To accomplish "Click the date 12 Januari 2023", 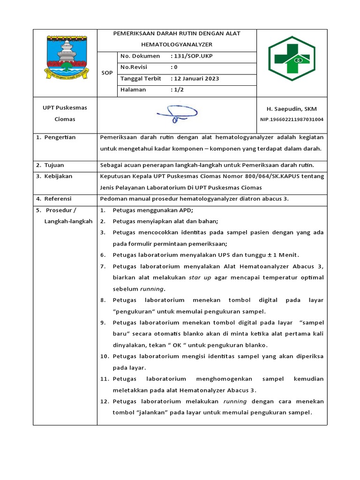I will tap(195, 78).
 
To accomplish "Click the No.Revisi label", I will tap(134, 67).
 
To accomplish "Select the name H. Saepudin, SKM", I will tap(292, 109).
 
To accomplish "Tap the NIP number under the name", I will tap(292, 120).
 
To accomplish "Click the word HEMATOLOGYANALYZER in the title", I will tap(180, 45).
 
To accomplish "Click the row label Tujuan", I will tap(54, 165).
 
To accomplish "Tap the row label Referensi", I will tap(58, 198).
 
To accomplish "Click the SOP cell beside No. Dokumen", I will tap(107, 73).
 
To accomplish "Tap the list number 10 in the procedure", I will tap(104, 356).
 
